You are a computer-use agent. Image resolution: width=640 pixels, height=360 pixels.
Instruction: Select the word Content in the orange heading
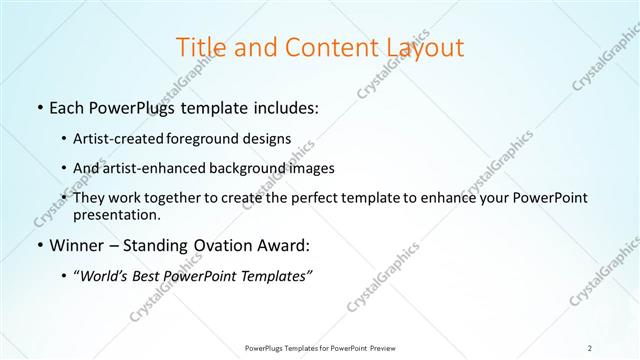click(x=321, y=47)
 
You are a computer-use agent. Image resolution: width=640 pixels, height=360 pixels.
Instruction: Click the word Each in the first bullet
click(x=67, y=108)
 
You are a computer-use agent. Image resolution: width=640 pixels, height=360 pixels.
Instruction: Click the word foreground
click(x=217, y=138)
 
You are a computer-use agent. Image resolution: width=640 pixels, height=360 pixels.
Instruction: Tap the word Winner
click(x=77, y=244)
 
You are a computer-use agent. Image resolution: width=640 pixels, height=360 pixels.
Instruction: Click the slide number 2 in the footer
click(x=591, y=348)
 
